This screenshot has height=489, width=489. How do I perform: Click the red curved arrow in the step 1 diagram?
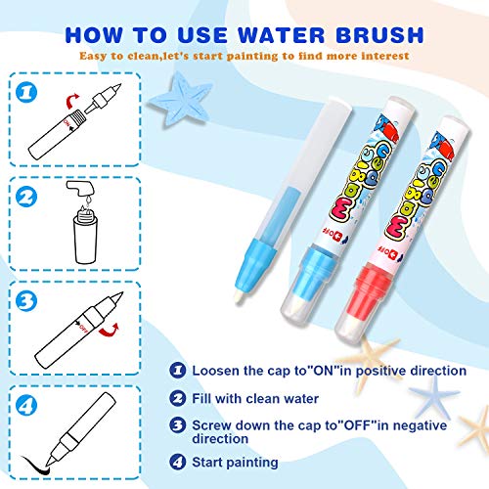70,102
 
